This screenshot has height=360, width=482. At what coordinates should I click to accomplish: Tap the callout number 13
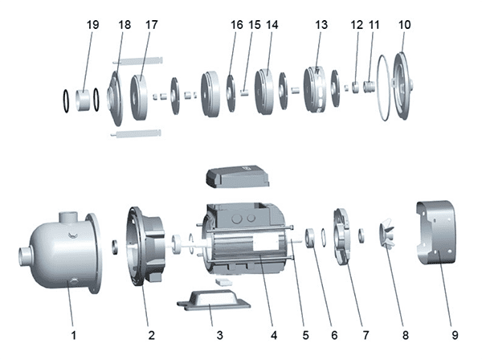[x=321, y=25]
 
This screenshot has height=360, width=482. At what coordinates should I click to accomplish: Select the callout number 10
[x=404, y=25]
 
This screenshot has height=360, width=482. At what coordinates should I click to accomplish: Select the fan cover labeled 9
[x=440, y=232]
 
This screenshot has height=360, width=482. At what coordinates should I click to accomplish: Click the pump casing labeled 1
[x=64, y=251]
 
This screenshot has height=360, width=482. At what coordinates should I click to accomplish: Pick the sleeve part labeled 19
[x=84, y=100]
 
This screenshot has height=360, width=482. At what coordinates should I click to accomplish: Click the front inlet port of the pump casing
[x=23, y=259]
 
